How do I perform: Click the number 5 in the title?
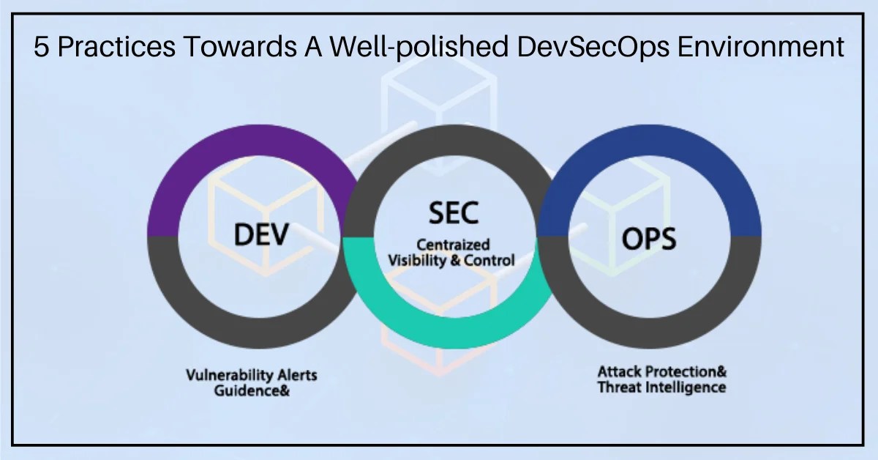tap(42, 48)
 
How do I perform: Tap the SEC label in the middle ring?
tap(453, 213)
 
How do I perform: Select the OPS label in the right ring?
tap(649, 240)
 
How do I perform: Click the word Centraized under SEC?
tap(453, 245)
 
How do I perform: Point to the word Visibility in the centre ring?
tap(418, 259)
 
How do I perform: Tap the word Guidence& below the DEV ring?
tap(252, 391)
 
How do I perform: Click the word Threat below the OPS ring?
tap(618, 387)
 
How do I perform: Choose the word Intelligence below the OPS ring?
tap(685, 387)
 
